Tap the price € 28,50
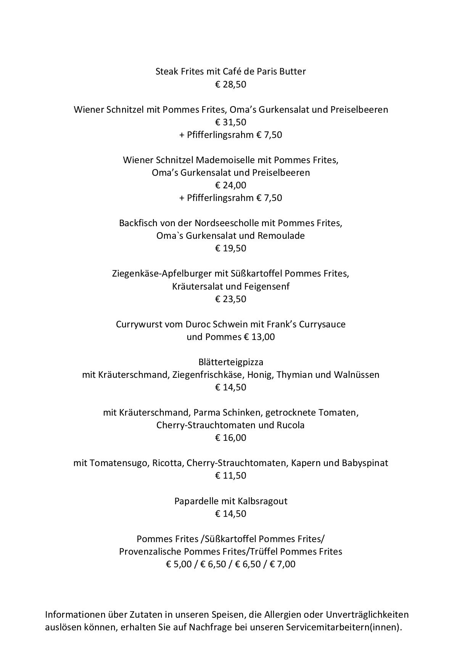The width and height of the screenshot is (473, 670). coord(231,84)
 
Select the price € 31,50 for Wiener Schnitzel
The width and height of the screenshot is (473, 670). coord(231,122)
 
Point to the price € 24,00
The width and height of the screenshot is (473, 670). coord(231,185)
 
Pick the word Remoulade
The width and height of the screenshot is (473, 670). coord(281,236)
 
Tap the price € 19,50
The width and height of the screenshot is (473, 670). coord(231,248)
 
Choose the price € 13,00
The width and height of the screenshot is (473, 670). coord(259,337)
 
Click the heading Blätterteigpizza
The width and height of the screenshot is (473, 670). coord(231,362)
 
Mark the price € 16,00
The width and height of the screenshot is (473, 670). coord(231,438)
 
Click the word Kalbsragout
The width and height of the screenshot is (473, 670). coord(263,501)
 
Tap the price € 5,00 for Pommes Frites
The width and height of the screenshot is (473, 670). coord(179,564)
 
